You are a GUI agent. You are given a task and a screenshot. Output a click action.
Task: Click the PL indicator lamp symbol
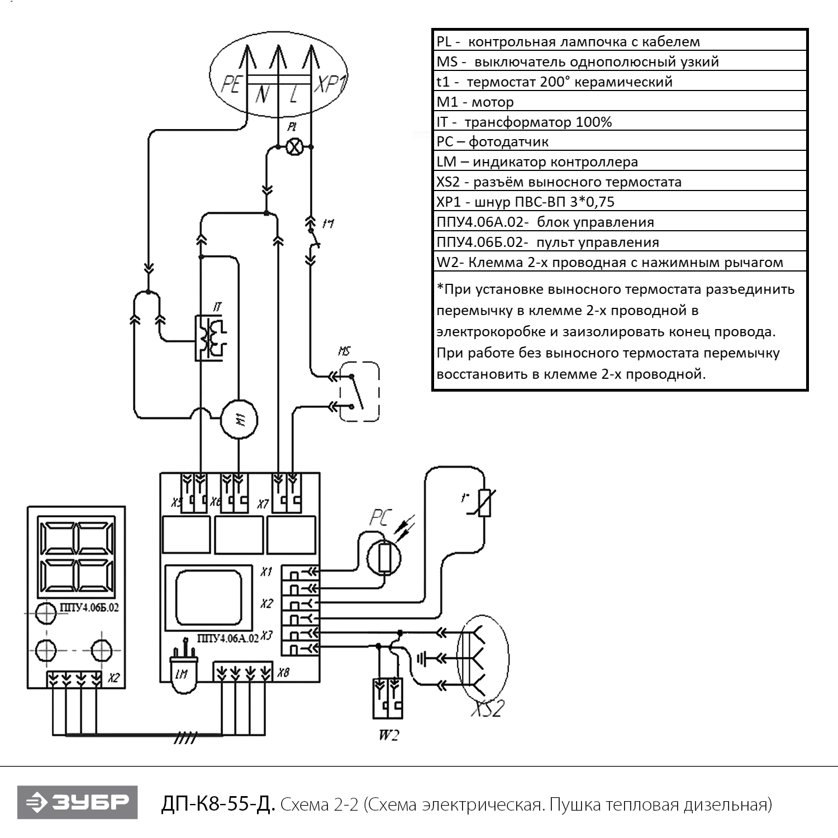(x=294, y=146)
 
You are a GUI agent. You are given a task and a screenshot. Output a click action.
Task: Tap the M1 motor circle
(x=239, y=420)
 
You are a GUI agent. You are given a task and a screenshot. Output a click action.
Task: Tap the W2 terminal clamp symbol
(x=388, y=698)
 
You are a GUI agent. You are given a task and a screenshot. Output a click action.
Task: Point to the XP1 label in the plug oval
(x=330, y=84)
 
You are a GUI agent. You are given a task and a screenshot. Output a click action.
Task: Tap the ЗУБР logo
(x=77, y=802)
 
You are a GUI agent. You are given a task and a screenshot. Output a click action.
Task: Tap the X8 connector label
(x=283, y=673)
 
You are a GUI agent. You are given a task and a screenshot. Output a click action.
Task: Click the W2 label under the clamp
(x=389, y=735)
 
